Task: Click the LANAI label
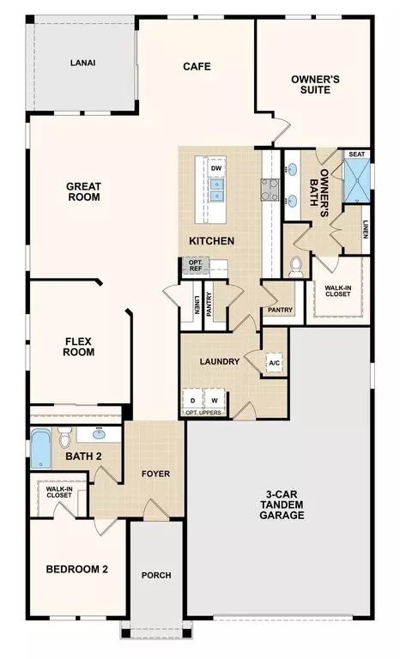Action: click(83, 63)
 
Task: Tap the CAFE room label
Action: click(197, 66)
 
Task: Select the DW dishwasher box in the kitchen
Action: click(216, 168)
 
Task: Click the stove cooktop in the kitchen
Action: click(270, 189)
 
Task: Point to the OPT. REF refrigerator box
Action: click(196, 266)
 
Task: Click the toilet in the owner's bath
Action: click(296, 267)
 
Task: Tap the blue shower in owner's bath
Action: click(357, 181)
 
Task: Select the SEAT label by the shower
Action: click(357, 154)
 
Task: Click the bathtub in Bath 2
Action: click(41, 449)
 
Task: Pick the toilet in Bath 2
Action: click(64, 437)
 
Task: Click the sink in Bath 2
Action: click(100, 433)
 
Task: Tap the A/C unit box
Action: click(275, 363)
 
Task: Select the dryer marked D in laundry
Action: click(192, 401)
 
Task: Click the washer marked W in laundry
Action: click(215, 401)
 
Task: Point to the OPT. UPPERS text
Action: click(203, 413)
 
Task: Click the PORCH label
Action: click(156, 576)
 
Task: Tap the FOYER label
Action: click(155, 474)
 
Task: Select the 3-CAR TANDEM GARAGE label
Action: click(282, 505)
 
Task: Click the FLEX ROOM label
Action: click(79, 347)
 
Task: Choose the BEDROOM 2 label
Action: click(77, 570)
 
